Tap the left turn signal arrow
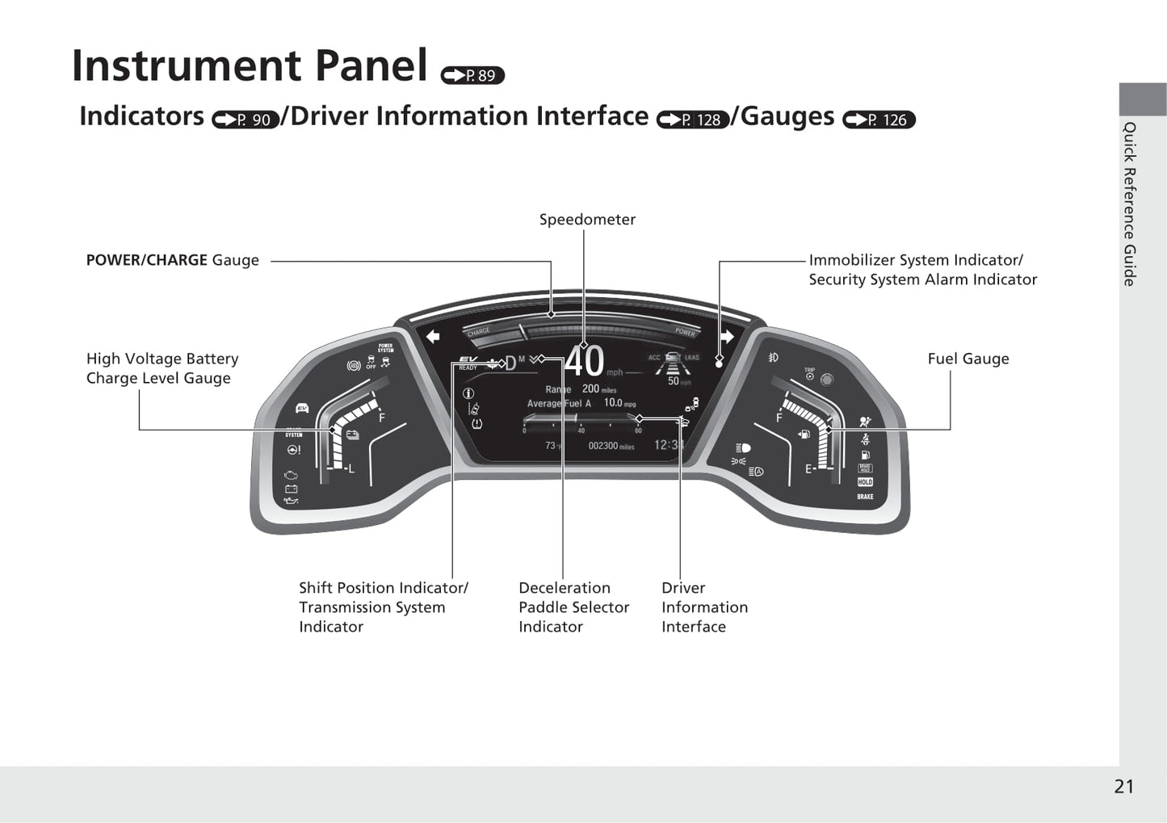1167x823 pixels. [433, 336]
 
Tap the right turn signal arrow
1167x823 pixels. [727, 336]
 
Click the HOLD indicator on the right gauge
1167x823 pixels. [865, 482]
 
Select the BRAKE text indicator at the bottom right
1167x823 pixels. [865, 497]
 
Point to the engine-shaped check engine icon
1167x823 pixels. [292, 475]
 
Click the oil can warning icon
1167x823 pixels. [292, 501]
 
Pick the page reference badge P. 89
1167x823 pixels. [472, 76]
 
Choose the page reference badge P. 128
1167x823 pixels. [693, 120]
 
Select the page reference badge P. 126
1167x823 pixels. [879, 120]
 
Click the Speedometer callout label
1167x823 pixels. [587, 220]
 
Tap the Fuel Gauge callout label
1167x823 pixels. [968, 359]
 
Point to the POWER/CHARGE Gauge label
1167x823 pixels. [172, 260]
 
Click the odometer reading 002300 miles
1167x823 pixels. [611, 446]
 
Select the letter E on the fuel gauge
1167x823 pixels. [808, 468]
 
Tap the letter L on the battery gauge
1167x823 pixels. [351, 468]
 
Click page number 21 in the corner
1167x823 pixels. [1123, 787]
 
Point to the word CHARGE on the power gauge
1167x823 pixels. [478, 332]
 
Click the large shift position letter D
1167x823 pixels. [510, 363]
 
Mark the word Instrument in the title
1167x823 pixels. [187, 66]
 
